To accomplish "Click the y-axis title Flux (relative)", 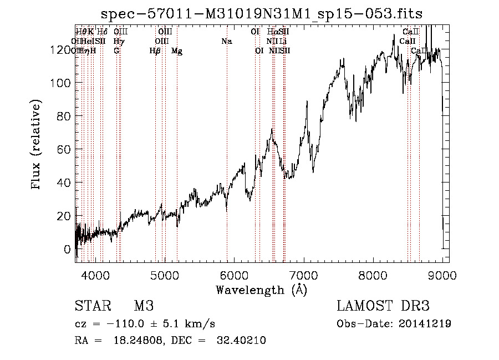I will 37,145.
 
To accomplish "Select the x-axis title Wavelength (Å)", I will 261,290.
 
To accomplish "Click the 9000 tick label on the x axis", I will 442,275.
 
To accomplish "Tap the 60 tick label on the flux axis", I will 64,149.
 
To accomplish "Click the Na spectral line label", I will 226,41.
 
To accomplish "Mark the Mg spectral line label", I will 177,51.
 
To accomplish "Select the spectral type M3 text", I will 144,306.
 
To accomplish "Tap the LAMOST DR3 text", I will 383,306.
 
